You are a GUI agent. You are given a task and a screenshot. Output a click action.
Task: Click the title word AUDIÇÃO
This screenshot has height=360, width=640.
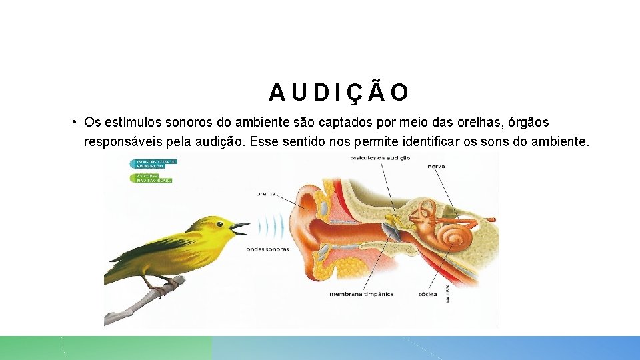pos(339,93)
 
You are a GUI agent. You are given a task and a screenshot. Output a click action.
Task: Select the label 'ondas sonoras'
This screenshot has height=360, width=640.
pos(267,249)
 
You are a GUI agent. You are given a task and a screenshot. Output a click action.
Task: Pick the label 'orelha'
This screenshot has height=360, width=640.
pos(266,194)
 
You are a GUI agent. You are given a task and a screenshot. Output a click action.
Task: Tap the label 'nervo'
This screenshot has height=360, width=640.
pos(437,167)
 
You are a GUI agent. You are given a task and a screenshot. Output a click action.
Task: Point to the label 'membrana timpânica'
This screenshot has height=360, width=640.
pos(361,293)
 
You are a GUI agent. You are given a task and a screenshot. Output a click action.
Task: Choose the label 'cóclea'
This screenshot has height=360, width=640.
pos(427,293)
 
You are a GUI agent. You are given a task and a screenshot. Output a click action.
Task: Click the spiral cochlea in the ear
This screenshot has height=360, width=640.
pos(455,234)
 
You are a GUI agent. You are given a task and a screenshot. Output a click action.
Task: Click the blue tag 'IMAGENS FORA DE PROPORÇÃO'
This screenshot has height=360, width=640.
pos(153,163)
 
